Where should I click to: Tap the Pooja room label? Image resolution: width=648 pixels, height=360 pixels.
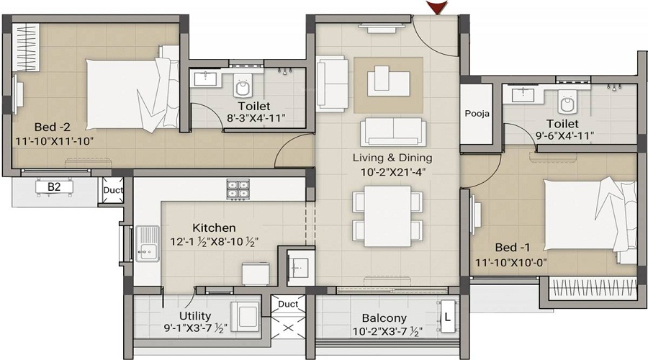tap(476, 113)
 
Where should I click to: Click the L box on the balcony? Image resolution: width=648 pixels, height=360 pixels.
tap(447, 315)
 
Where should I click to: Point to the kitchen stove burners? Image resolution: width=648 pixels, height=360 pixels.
tap(238, 189)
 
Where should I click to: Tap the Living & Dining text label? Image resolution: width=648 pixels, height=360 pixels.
tap(392, 158)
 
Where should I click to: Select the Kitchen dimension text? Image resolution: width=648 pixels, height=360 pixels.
tap(215, 241)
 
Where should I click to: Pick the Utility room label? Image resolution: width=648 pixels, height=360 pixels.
tap(194, 315)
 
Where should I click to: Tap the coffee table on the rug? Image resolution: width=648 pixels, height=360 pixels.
tap(387, 80)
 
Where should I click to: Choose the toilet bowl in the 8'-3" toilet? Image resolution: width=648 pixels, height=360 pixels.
tap(243, 89)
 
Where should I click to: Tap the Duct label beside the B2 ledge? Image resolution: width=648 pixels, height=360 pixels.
tap(113, 191)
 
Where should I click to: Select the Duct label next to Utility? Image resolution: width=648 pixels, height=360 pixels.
tap(288, 304)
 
